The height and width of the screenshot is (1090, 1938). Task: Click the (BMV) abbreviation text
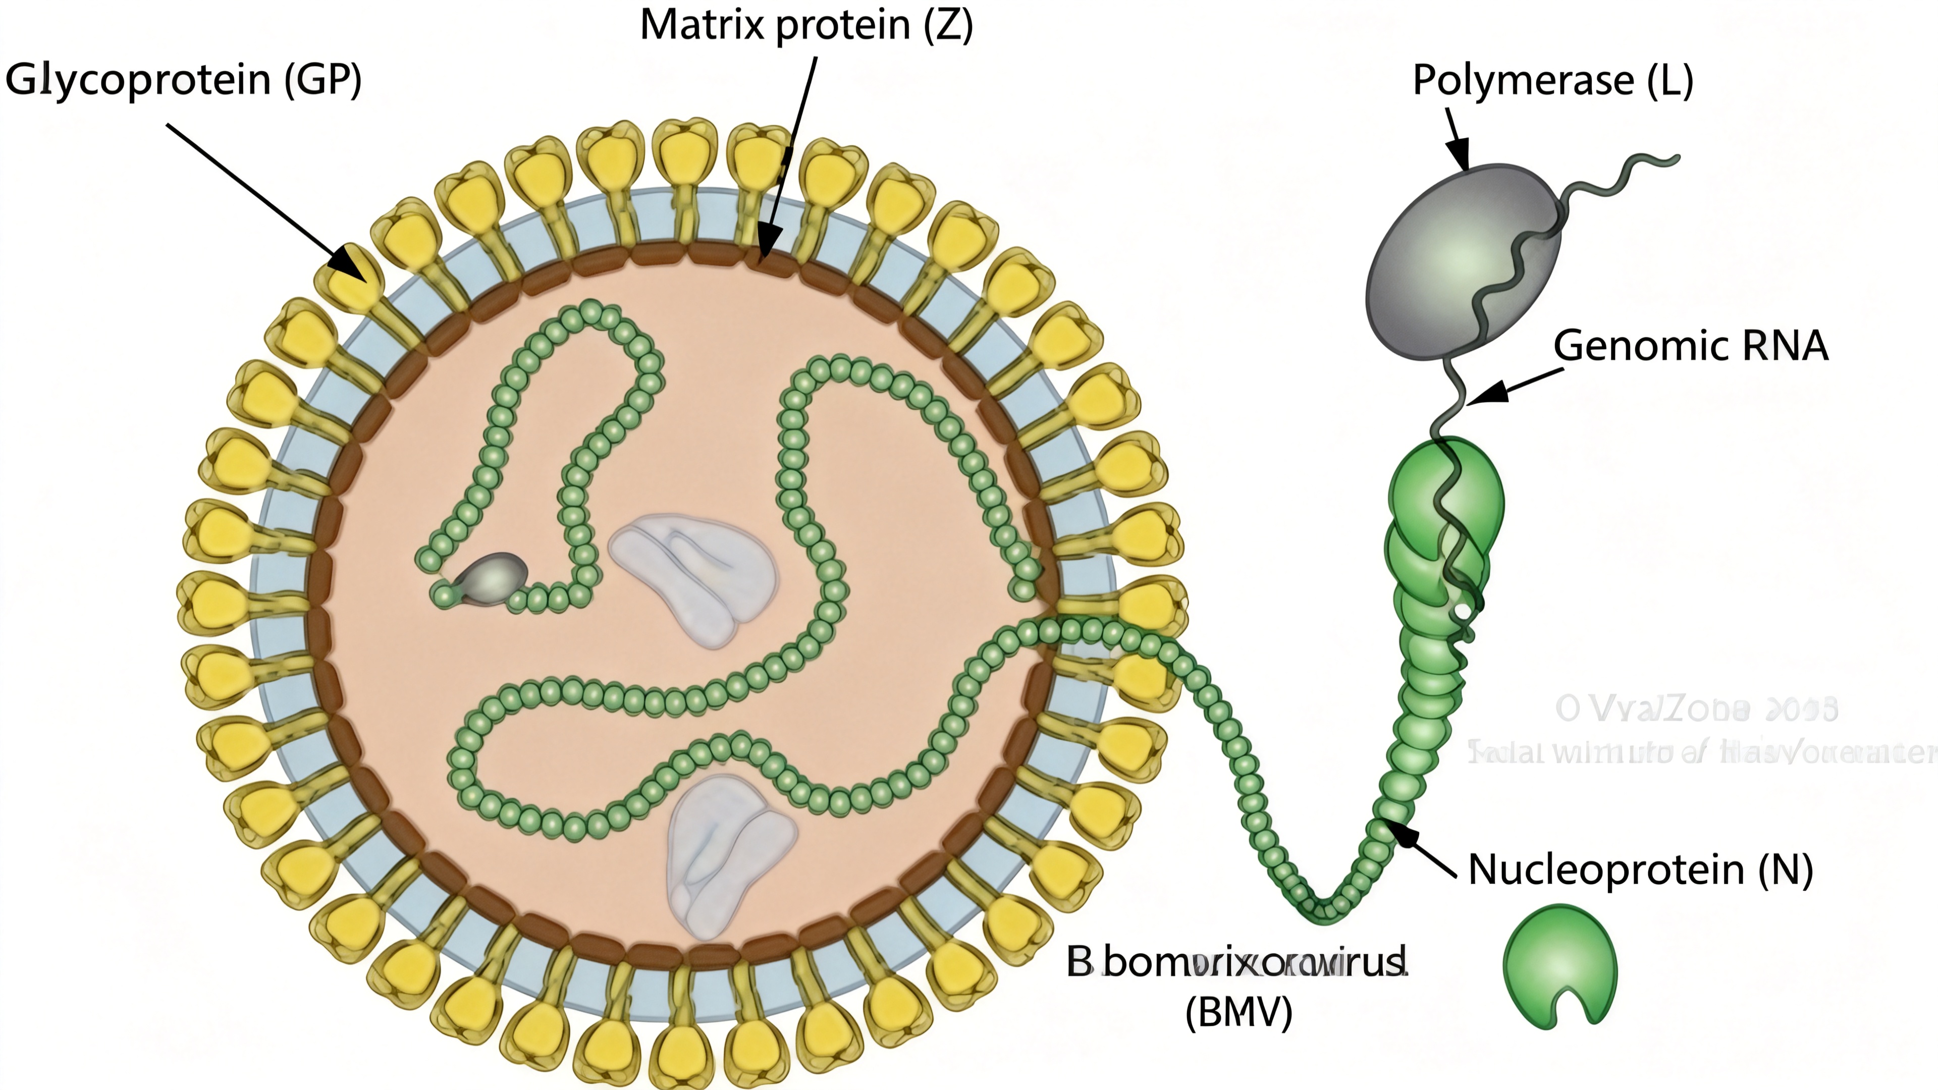[x=1239, y=1012]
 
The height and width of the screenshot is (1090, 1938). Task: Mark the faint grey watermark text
[x=1696, y=730]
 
